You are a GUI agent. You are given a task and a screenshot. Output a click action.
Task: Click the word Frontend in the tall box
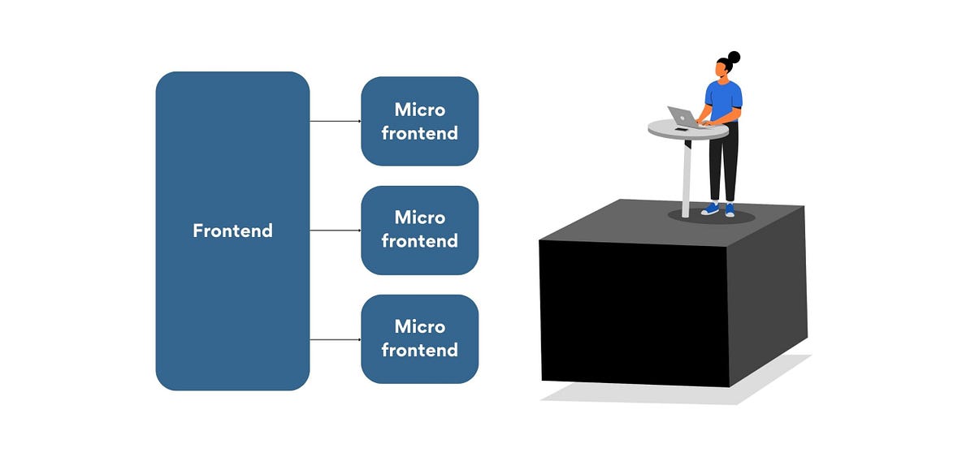(x=232, y=231)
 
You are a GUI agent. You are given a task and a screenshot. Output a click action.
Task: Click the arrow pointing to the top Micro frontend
(x=335, y=121)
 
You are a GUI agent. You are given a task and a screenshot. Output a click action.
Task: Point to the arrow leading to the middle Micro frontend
(x=335, y=230)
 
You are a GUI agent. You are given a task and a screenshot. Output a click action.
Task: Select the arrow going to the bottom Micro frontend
(x=335, y=339)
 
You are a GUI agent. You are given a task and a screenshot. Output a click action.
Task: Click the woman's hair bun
(x=734, y=57)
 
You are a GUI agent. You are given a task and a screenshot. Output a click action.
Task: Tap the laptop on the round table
(x=680, y=117)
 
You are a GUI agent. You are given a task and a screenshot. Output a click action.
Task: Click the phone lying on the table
(x=681, y=129)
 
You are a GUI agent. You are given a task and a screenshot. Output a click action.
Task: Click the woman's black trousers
(x=723, y=166)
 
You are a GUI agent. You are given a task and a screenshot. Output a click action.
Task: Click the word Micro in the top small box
(x=419, y=110)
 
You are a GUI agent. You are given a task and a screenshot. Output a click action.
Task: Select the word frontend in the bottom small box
(x=419, y=350)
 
